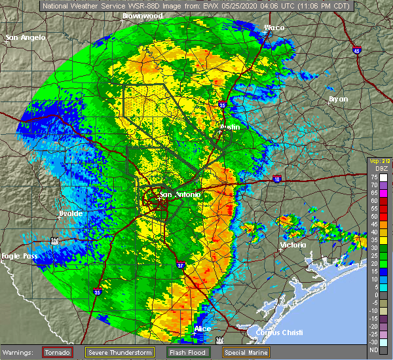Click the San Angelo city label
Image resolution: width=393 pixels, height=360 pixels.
26,38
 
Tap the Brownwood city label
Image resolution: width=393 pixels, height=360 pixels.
141,14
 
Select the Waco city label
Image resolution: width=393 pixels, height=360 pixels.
274,27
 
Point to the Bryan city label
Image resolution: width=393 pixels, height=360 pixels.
338,99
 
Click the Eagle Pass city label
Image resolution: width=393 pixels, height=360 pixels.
18,256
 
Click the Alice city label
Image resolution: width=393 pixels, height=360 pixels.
202,329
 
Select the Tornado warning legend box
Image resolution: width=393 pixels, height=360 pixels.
57,353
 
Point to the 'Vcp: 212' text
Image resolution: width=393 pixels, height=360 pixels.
381,161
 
